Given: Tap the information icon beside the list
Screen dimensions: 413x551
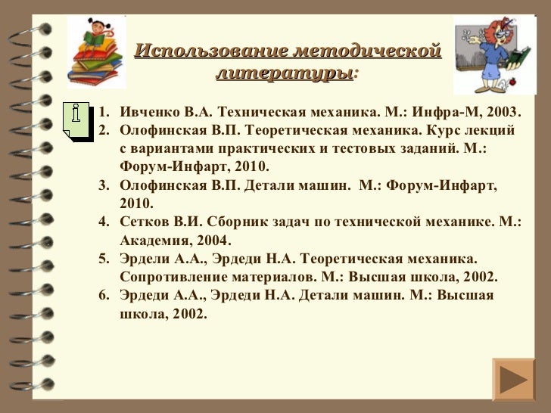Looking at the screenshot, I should click(76, 117).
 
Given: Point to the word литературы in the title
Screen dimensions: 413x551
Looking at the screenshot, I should click(283, 73).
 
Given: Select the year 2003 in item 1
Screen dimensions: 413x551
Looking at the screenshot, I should click(504, 113).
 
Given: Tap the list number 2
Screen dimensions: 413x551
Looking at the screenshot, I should click(104, 132).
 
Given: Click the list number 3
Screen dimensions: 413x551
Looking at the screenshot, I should click(104, 186).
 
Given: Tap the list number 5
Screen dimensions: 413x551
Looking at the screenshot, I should click(104, 259).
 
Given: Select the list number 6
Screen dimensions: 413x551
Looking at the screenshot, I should click(104, 295).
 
